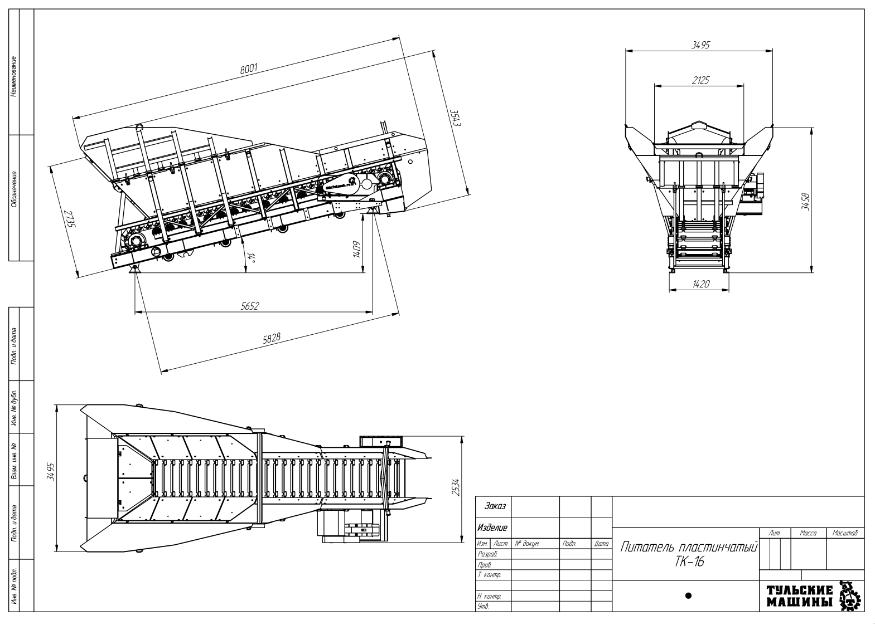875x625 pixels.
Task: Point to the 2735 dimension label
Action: pyautogui.click(x=69, y=218)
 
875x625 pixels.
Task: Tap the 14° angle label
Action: pyautogui.click(x=252, y=257)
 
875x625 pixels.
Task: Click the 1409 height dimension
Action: pyautogui.click(x=356, y=249)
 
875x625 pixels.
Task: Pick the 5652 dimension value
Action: pyautogui.click(x=250, y=306)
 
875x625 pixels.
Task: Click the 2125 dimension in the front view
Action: pyautogui.click(x=700, y=80)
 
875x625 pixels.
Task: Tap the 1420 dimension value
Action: pyautogui.click(x=700, y=284)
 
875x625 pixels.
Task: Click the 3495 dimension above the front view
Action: pyautogui.click(x=700, y=46)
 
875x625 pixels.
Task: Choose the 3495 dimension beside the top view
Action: pyautogui.click(x=51, y=471)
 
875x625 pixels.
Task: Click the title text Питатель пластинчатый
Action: pyautogui.click(x=688, y=546)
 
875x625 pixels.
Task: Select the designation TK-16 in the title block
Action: pyautogui.click(x=689, y=561)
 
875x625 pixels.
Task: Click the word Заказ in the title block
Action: pyautogui.click(x=495, y=506)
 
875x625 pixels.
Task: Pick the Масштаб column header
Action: pyautogui.click(x=845, y=533)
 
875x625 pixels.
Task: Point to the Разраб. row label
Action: pyautogui.click(x=487, y=554)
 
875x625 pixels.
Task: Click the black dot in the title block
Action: pyautogui.click(x=688, y=595)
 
